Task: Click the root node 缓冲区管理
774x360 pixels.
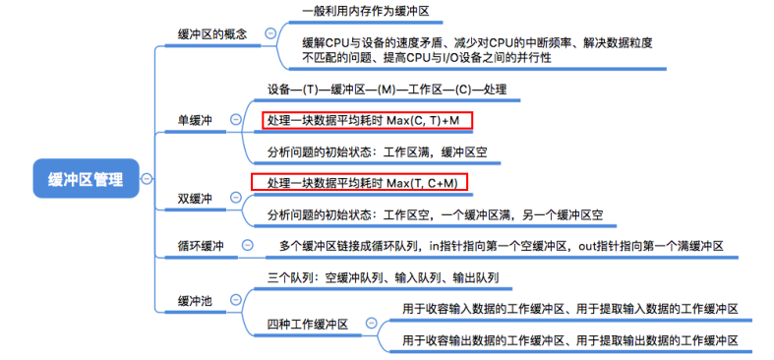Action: pos(87,179)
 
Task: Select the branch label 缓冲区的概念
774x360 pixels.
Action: pos(211,33)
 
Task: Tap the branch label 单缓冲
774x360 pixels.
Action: pos(196,120)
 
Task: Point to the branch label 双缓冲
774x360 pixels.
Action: pos(196,198)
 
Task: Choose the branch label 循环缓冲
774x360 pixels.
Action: pos(201,245)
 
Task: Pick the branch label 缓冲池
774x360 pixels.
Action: pos(196,299)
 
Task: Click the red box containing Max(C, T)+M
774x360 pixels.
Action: pos(367,120)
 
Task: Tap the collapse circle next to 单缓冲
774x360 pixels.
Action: pos(235,120)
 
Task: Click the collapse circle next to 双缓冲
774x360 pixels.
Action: pos(235,198)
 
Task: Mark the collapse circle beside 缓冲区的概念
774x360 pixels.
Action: pos(270,33)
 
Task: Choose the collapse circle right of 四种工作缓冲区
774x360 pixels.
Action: pos(370,323)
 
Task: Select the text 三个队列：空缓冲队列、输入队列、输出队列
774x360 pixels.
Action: pos(383,278)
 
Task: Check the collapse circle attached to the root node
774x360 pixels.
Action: pos(147,179)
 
